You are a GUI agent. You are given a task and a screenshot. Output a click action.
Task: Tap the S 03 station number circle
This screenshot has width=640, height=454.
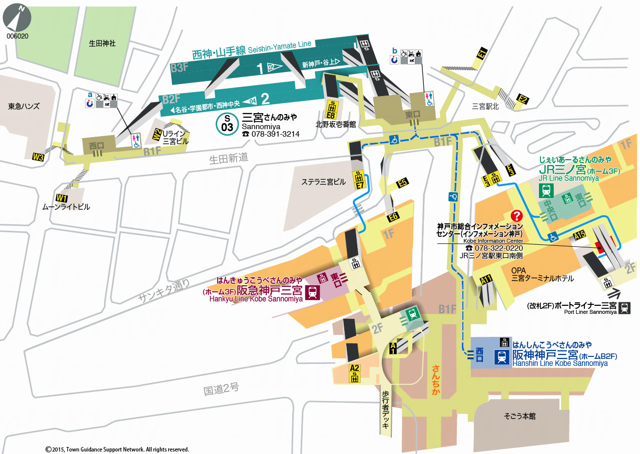[227, 124]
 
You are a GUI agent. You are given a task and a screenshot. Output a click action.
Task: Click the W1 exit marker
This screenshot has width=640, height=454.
[62, 198]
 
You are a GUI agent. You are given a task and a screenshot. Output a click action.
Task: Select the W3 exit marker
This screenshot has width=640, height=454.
[38, 158]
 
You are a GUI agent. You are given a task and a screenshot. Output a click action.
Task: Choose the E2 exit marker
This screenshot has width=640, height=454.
[523, 100]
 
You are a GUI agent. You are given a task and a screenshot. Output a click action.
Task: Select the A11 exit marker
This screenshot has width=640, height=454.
[486, 280]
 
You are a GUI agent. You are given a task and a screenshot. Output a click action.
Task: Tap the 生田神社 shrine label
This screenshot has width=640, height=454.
[102, 44]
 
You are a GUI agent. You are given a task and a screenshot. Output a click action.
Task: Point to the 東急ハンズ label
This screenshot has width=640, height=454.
[24, 106]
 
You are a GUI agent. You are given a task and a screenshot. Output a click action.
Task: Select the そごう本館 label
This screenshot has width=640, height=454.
[519, 416]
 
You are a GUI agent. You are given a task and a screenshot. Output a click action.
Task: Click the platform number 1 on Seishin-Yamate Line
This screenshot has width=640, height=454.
[260, 69]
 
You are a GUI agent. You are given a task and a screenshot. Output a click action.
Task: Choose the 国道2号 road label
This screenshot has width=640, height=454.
[222, 389]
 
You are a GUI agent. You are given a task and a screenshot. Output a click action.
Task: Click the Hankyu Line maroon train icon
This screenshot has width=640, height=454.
[313, 292]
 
